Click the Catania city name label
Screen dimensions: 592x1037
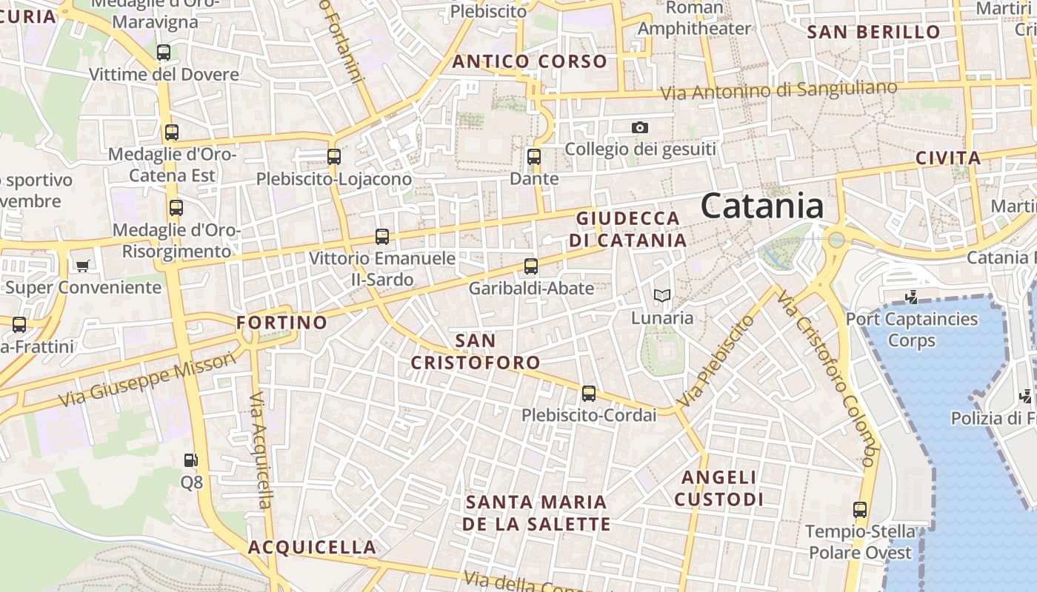pos(761,206)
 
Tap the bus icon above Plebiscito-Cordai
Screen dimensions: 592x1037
pos(589,393)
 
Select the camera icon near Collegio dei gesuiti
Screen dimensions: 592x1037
pos(640,127)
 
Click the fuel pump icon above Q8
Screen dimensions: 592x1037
pos(191,460)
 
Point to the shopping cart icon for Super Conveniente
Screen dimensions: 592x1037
pos(83,265)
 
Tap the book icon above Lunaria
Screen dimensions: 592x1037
pos(662,296)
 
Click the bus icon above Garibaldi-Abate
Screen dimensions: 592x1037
pos(531,266)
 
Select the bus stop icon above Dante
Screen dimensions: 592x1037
pos(534,156)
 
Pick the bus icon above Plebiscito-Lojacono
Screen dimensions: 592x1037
pos(334,156)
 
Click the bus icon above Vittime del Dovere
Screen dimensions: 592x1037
pos(164,52)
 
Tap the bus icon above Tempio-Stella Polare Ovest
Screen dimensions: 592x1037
pos(860,509)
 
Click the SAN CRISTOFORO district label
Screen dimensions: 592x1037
pos(476,351)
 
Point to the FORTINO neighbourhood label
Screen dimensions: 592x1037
pos(281,323)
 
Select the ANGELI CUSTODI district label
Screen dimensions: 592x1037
pos(718,488)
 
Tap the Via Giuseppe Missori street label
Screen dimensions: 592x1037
pos(147,378)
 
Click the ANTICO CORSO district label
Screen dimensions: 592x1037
pos(530,61)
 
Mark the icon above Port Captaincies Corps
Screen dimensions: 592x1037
pos(912,297)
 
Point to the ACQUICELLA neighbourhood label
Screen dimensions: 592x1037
pos(312,548)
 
